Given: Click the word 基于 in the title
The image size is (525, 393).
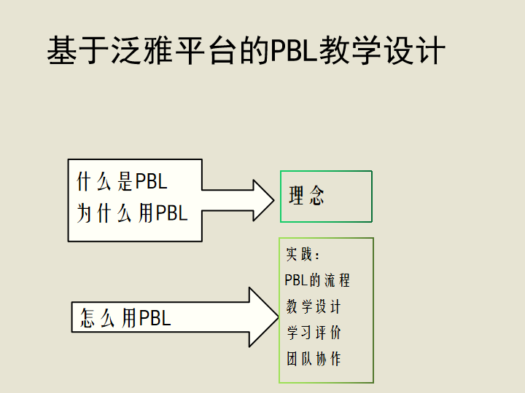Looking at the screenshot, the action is point(77,50).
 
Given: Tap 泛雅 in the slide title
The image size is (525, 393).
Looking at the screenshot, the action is point(141,50).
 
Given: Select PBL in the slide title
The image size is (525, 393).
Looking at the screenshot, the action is point(293,51).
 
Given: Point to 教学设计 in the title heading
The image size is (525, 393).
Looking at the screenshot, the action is point(382,50).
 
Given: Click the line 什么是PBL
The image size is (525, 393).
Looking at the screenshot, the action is point(122,181).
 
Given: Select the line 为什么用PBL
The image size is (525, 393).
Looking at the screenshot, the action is point(132,213).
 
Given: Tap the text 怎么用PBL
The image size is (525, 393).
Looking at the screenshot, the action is point(125,317).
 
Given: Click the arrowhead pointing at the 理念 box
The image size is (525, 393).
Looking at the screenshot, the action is point(263,200).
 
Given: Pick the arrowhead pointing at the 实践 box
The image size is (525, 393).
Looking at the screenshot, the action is point(264,317).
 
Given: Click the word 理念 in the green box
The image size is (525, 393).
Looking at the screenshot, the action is point(307,195).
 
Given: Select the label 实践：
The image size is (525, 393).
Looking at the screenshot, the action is point(303,254).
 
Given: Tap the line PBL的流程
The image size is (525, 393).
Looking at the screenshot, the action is point(317,280).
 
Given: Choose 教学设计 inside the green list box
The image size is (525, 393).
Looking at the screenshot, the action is point(314,306).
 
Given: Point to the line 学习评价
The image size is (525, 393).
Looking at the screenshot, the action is point(314,333).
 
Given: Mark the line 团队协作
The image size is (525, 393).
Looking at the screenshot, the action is point(314,359).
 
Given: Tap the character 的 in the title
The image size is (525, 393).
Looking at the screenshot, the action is point(254,50).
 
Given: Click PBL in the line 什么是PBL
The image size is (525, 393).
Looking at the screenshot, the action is point(152,181).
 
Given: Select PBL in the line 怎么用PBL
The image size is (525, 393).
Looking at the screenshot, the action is point(155,317).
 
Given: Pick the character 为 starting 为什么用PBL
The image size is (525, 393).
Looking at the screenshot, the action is point(85,213).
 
